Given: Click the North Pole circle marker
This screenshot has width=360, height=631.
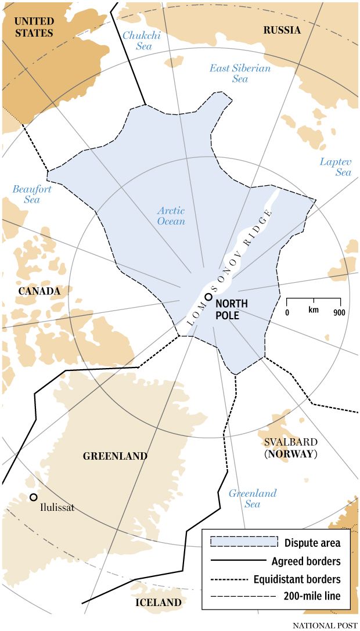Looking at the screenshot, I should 208,297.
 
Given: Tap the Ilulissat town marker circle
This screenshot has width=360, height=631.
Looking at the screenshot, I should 34,497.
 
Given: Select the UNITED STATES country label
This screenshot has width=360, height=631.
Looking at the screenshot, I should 34,27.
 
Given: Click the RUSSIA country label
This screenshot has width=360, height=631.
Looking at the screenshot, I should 282,30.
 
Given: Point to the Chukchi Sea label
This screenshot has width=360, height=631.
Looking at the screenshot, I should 141,41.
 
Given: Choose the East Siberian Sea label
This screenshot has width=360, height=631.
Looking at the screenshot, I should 240,73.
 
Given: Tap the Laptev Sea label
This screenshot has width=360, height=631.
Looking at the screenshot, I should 336,167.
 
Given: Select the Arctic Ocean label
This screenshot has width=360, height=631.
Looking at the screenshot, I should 171,216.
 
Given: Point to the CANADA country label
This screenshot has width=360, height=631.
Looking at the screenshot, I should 39,290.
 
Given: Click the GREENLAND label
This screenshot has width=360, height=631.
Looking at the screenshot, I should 115,456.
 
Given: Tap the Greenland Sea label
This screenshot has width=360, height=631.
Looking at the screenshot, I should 252,499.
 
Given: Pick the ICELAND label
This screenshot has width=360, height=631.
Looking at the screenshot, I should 158,603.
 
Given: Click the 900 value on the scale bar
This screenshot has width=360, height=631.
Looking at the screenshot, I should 340,312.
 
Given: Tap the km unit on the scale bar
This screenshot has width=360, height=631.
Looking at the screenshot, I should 314,310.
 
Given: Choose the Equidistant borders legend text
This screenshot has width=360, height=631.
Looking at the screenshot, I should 297,579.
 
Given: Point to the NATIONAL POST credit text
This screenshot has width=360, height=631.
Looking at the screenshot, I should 324,625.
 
